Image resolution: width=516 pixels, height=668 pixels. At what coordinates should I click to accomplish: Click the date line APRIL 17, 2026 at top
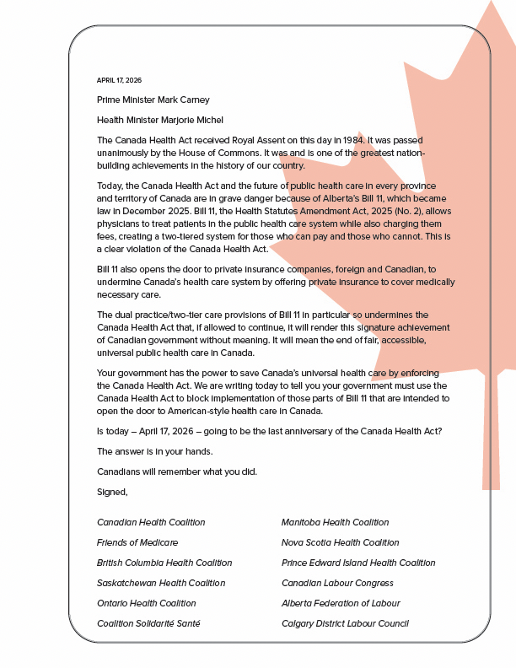click(119, 80)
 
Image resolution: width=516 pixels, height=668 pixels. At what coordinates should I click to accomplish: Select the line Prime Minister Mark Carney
click(153, 100)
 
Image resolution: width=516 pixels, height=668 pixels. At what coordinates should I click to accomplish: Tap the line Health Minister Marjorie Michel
click(160, 121)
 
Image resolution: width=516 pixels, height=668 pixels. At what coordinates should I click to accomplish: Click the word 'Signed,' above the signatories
click(112, 492)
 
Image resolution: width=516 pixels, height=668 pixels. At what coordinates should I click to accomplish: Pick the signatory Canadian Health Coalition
click(151, 523)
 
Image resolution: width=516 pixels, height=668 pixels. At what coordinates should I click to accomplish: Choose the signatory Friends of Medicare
click(137, 543)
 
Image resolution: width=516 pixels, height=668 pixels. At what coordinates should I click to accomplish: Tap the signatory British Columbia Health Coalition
click(164, 563)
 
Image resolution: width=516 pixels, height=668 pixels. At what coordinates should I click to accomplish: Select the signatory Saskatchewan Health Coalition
click(161, 584)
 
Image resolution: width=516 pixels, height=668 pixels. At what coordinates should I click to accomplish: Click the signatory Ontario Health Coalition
click(147, 604)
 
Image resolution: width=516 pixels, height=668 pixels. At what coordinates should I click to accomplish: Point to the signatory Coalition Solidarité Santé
click(148, 624)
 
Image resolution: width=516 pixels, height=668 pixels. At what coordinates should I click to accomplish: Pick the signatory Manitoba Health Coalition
click(335, 523)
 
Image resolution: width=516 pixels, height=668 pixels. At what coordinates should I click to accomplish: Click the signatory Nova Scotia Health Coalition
click(340, 543)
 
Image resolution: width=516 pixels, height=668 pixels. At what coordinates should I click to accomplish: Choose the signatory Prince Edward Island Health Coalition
click(358, 563)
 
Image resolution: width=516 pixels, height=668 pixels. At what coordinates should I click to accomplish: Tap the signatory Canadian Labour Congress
click(337, 584)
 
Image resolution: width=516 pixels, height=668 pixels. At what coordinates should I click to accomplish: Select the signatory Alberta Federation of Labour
click(341, 604)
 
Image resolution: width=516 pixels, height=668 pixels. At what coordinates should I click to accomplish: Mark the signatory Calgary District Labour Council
click(345, 624)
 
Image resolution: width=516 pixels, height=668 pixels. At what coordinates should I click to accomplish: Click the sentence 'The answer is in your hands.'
click(154, 451)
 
